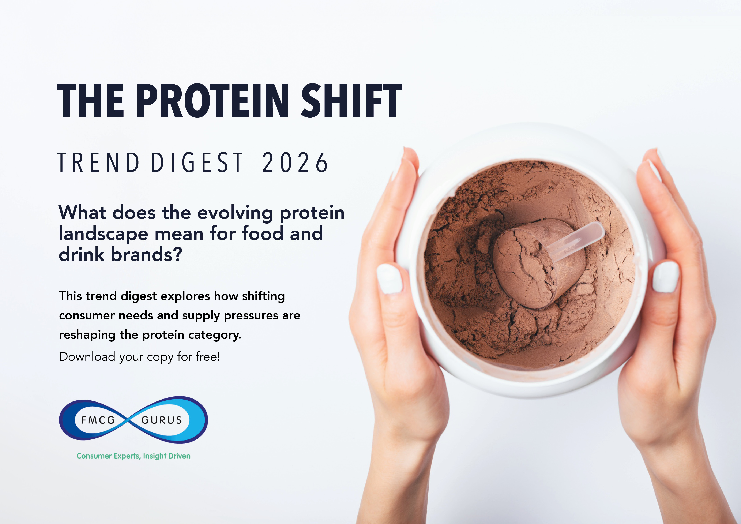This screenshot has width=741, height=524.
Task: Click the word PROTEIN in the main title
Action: pyautogui.click(x=212, y=100)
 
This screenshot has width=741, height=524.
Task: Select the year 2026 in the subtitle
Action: pyautogui.click(x=295, y=162)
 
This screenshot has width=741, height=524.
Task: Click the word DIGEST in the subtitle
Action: pyautogui.click(x=196, y=162)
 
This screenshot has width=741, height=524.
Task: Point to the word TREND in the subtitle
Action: pyautogui.click(x=98, y=162)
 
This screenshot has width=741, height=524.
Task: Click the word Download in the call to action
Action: pyautogui.click(x=87, y=357)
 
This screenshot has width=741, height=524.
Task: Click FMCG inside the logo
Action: pyautogui.click(x=98, y=420)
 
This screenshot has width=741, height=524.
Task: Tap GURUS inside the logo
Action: pyautogui.click(x=162, y=420)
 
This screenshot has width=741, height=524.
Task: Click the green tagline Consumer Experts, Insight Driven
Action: pyautogui.click(x=133, y=456)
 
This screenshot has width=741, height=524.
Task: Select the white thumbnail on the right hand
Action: pyautogui.click(x=666, y=277)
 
